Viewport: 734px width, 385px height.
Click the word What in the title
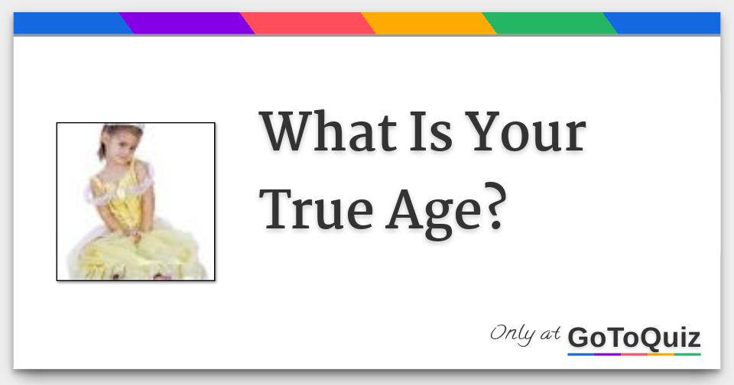pyautogui.click(x=327, y=131)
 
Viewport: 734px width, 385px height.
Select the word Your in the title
pyautogui.click(x=528, y=131)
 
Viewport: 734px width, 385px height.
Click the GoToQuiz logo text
pyautogui.click(x=634, y=337)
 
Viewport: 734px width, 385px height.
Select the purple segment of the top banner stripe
pyautogui.click(x=187, y=24)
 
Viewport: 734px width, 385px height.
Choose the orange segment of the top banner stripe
pyautogui.click(x=429, y=24)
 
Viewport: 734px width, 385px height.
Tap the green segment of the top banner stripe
pyautogui.click(x=550, y=24)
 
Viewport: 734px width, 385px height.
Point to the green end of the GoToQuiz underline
pyautogui.click(x=687, y=354)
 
